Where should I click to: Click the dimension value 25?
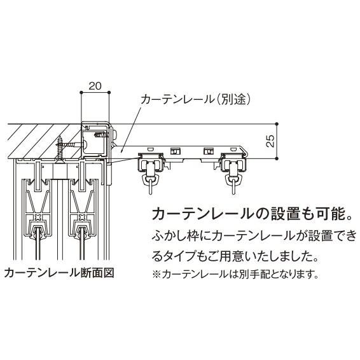[270, 141]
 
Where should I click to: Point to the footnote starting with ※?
[234, 275]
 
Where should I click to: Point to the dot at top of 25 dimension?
[278, 123]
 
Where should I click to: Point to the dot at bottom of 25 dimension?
[278, 158]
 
